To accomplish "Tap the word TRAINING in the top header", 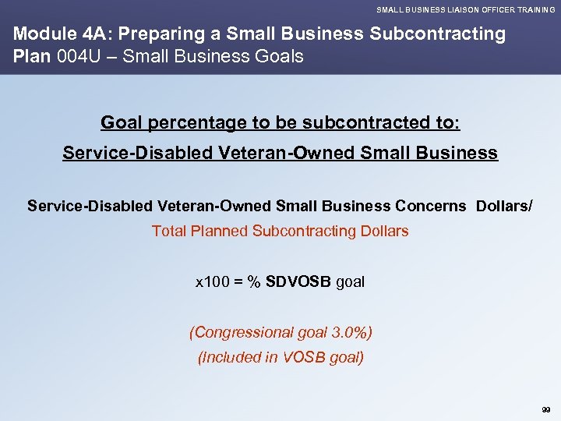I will click(x=534, y=9).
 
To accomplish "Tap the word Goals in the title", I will click(x=279, y=57).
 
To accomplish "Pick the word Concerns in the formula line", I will click(x=428, y=206).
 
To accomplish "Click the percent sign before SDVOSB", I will click(x=253, y=282).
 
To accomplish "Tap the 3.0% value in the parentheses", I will click(x=344, y=333).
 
